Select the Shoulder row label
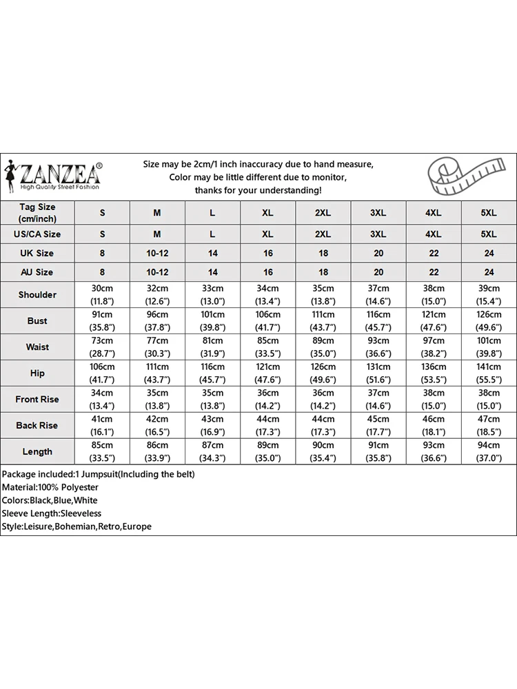point(37,295)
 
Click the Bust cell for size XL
point(268,321)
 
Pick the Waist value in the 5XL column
point(489,347)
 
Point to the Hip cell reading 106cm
point(102,373)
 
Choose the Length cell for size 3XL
point(378,452)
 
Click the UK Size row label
point(37,254)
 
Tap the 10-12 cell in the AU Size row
point(157,272)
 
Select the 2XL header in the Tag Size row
point(323,213)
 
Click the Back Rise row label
point(37,426)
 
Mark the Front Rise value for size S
point(102,400)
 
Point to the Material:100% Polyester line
point(50,487)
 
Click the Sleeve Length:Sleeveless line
point(52,513)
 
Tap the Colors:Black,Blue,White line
point(50,500)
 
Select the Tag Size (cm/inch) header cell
point(37,213)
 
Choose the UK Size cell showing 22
point(434,254)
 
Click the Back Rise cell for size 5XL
point(489,426)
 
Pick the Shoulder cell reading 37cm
point(378,295)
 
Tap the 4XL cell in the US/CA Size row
point(434,234)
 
